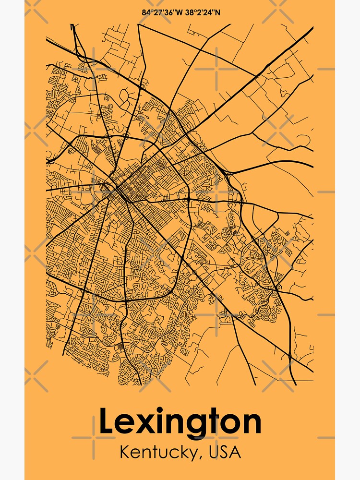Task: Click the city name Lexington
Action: [x=180, y=422]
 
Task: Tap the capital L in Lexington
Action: [x=106, y=422]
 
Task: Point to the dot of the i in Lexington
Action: [x=162, y=411]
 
